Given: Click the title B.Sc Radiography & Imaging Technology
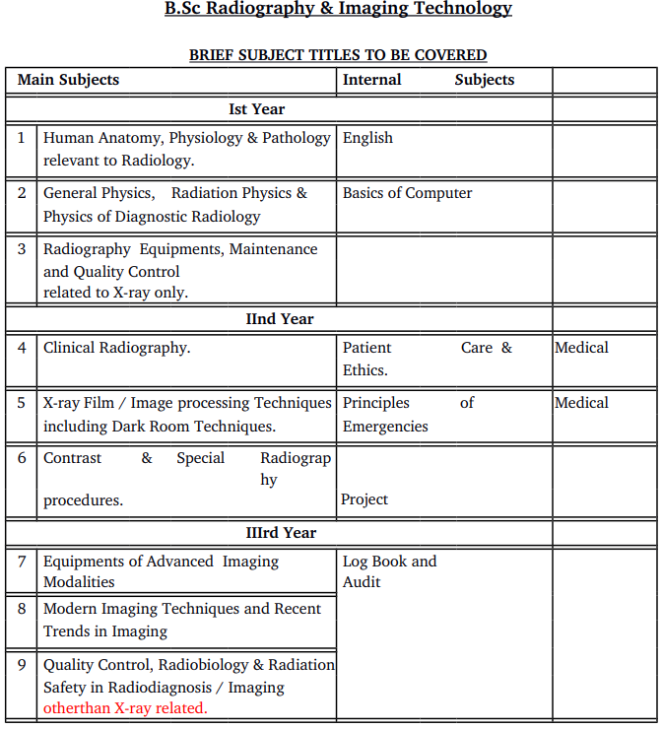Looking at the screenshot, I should pos(338,9).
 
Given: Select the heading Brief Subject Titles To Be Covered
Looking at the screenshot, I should pos(338,55).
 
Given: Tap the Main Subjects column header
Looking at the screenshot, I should pos(68,80).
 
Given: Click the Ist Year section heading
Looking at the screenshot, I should pos(256,109).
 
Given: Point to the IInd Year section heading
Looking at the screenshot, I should pos(280,319).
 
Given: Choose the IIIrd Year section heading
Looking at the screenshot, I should pos(281,533).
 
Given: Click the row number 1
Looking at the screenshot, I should pos(22,138).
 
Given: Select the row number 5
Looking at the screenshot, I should pos(22,403).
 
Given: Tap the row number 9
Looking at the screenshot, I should pos(22,665).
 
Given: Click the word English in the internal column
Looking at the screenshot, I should pos(367,138).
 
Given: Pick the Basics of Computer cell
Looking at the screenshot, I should pos(407,193).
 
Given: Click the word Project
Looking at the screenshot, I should pos(364,499).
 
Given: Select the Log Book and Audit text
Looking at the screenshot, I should pos(389,571).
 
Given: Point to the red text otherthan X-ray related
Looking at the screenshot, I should pos(125,708).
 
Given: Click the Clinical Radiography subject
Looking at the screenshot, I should pos(116,348).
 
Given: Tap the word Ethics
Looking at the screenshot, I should pos(365,370).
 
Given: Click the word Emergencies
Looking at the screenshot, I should pos(385,427).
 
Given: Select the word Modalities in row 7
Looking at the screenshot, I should pos(79,582).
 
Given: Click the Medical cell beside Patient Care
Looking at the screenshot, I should pos(581,348).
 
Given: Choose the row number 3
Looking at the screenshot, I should pos(22,249).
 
